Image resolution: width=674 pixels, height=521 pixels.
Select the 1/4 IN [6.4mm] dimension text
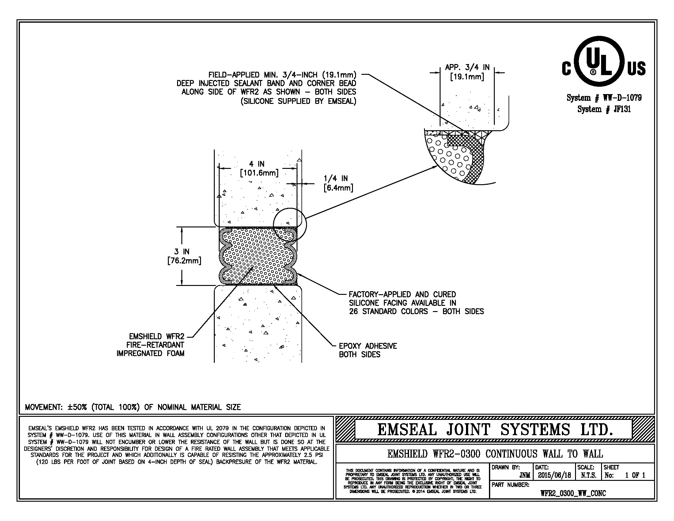coord(338,183)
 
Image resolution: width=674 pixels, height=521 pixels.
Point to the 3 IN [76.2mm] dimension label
coord(184,256)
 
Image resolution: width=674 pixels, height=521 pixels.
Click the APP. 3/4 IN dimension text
coord(467,72)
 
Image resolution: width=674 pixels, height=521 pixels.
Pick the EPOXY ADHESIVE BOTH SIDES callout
coord(368,350)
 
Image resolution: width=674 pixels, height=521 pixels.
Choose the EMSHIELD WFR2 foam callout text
coord(150,345)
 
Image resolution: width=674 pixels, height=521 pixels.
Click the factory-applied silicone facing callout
coord(416,303)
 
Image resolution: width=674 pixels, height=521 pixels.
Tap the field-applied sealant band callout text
coord(267,88)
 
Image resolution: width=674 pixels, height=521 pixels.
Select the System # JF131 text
coord(604,109)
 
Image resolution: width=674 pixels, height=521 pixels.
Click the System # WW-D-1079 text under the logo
coord(604,98)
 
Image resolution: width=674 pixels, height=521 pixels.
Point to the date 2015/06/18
coord(554,475)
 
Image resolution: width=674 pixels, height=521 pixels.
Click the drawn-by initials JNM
coord(524,475)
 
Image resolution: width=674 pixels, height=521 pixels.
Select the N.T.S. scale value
coord(589,475)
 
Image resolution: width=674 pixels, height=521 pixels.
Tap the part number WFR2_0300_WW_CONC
coord(573,493)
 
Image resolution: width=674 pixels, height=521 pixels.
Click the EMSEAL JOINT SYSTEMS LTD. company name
coord(495,430)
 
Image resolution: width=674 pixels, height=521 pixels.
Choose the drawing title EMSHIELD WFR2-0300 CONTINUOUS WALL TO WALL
coord(495,454)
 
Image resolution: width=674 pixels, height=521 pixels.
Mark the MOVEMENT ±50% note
coord(133,407)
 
